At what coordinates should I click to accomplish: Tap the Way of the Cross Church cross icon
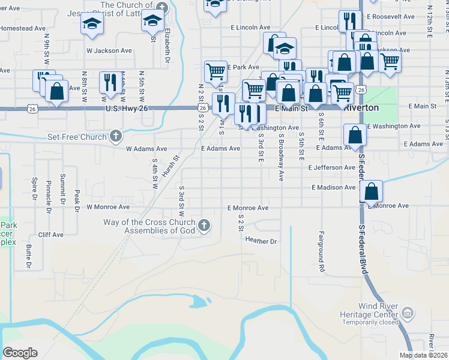(204, 226)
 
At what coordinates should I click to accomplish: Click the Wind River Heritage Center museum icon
(408, 313)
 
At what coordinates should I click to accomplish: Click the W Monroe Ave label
(109, 207)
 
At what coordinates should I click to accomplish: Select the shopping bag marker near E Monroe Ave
(372, 192)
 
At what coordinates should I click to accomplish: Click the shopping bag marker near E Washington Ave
(355, 135)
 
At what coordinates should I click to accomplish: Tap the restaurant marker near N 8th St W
(109, 83)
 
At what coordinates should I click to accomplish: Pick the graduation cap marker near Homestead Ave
(92, 23)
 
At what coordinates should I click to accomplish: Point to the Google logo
(20, 353)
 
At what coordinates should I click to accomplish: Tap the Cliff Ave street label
(50, 235)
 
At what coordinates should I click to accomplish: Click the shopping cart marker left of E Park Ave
(215, 71)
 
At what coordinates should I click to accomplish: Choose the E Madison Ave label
(333, 187)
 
